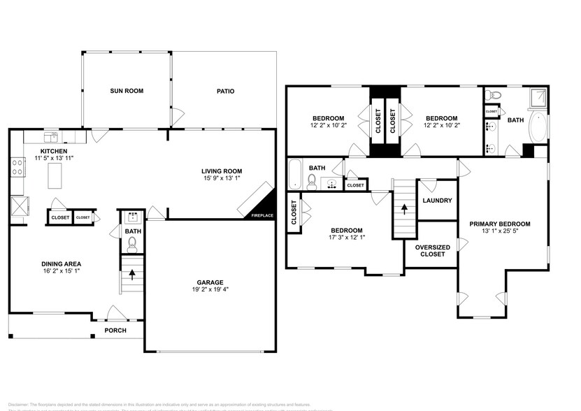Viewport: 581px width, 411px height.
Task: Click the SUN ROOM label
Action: click(x=126, y=91)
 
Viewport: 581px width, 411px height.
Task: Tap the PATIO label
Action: click(x=224, y=91)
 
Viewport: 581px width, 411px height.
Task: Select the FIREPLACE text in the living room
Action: click(x=262, y=215)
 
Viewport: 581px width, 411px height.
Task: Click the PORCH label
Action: click(x=115, y=330)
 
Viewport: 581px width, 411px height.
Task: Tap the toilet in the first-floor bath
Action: click(x=132, y=244)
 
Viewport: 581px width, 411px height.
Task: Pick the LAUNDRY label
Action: click(x=438, y=201)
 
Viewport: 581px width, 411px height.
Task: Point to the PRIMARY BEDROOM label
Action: click(x=499, y=224)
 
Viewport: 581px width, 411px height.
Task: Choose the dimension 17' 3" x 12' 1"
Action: click(x=346, y=237)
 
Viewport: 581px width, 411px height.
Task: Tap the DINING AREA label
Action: click(x=62, y=265)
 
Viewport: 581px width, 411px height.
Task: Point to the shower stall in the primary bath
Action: click(x=538, y=96)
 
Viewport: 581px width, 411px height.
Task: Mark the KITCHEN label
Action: click(x=54, y=151)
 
